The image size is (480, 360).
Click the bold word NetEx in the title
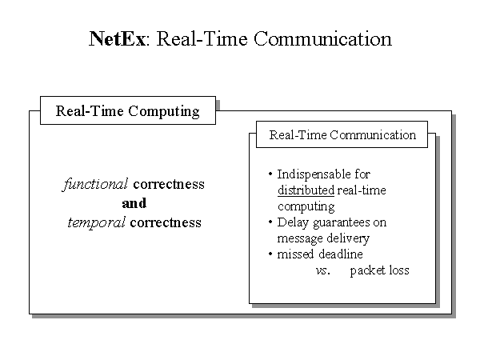(x=117, y=39)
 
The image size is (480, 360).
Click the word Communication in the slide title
(x=322, y=39)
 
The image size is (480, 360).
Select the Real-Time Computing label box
(x=128, y=110)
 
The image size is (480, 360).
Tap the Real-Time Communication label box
(x=342, y=134)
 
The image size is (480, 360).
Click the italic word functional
(x=95, y=184)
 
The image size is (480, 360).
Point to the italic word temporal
(x=96, y=222)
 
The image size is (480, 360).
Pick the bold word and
(x=134, y=203)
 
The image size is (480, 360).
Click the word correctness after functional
(x=169, y=184)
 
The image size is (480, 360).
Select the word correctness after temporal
(x=166, y=222)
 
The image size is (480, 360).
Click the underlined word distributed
(x=306, y=190)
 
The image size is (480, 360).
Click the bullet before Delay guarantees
(x=270, y=222)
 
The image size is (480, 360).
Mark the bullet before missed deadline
(x=270, y=254)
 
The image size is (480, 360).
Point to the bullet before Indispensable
(x=270, y=174)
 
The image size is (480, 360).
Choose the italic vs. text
(x=323, y=270)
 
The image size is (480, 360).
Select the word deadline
(x=341, y=254)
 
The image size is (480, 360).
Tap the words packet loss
(x=379, y=270)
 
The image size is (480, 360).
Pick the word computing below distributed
(x=306, y=206)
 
